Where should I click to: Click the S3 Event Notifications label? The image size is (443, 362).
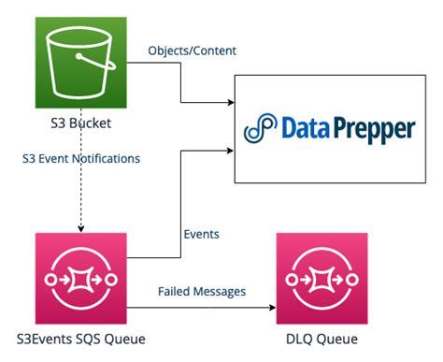tap(81, 158)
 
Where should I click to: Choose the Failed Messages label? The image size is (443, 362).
tap(201, 291)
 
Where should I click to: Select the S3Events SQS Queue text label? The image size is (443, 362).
tap(80, 340)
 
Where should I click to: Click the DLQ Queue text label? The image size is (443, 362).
tap(320, 340)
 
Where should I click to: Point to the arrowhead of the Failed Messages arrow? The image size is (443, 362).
tap(271, 306)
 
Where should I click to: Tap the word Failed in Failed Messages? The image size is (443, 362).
tap(176, 291)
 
